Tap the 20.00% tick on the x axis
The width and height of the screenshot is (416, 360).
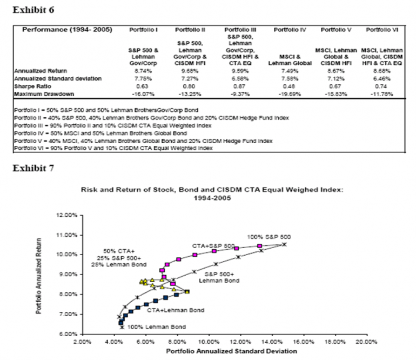[367, 342]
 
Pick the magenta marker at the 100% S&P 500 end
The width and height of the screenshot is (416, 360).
[259, 246]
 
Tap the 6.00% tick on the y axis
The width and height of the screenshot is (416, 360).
[69, 334]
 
